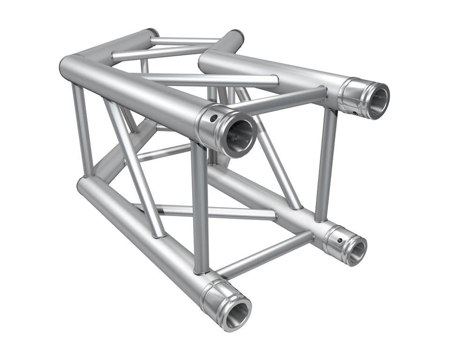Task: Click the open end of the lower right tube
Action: click(x=357, y=250)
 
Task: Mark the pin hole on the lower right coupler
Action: click(x=338, y=241)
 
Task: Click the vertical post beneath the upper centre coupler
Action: click(x=200, y=206)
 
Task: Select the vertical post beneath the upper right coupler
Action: click(x=326, y=164)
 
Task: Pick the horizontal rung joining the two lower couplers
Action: click(x=265, y=255)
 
